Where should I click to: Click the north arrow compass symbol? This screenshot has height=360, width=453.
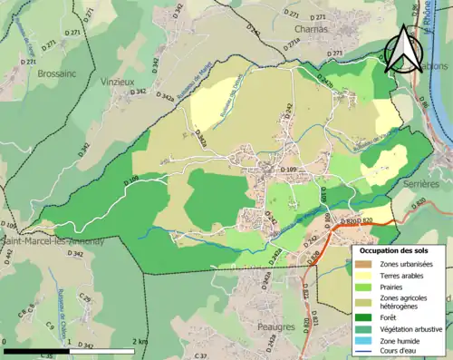[x=400, y=50]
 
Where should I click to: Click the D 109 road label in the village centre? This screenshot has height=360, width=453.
[x=289, y=170]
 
